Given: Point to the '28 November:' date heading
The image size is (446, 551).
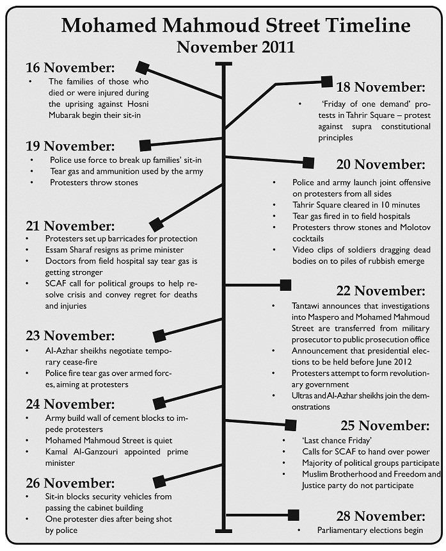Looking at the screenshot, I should point(380,516).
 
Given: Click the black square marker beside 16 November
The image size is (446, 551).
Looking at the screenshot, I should point(143,66).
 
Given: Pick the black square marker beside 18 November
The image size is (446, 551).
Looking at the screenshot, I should point(326,81).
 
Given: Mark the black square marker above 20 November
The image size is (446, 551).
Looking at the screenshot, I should point(308,163).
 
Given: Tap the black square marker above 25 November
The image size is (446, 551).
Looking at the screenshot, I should point(291,424).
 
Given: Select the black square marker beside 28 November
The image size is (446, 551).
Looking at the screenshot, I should point(294,514).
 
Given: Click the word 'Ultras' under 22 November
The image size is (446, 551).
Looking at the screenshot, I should point(304,396).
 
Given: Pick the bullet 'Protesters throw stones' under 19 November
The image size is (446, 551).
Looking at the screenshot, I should point(93,182).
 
